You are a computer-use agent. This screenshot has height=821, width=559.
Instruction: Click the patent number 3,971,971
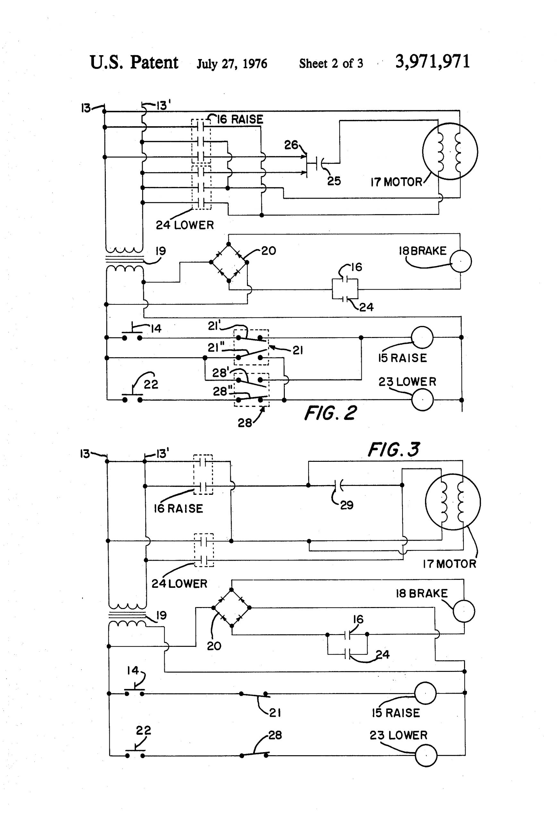(x=433, y=62)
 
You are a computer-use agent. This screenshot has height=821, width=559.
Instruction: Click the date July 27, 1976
(x=232, y=64)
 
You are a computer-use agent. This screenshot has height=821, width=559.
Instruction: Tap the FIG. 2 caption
(x=330, y=413)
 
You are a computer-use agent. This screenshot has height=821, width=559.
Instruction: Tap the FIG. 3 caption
(x=394, y=450)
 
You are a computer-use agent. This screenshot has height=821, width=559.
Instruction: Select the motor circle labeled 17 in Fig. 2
(x=450, y=151)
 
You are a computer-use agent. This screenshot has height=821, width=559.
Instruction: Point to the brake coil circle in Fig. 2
(x=461, y=261)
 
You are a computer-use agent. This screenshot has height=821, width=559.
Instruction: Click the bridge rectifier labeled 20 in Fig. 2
(x=229, y=262)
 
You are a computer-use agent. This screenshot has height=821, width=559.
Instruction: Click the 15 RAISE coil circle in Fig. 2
(x=422, y=337)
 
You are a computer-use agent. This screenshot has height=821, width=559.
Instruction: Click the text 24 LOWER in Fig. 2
(x=185, y=225)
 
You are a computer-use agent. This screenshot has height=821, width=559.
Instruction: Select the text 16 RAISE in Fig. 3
(x=178, y=508)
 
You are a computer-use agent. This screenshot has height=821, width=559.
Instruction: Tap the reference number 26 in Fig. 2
(x=291, y=145)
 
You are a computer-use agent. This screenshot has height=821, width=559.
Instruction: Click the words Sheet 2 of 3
(x=331, y=63)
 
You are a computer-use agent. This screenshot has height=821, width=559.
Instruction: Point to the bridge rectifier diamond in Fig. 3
(x=232, y=608)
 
